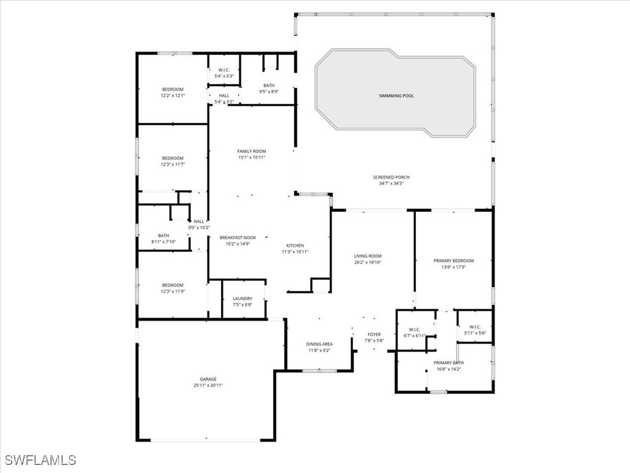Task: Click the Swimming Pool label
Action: [x=396, y=96]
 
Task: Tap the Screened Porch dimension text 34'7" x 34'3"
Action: [x=391, y=184]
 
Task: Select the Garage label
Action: [x=207, y=379]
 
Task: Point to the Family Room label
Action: [x=251, y=152]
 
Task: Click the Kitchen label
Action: [x=295, y=246]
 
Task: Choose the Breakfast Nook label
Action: [x=238, y=238]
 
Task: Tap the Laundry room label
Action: [x=242, y=299]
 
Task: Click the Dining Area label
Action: [x=319, y=344]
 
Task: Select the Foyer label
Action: [x=374, y=334]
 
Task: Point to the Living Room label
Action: [x=367, y=256]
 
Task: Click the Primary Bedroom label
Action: [x=454, y=261]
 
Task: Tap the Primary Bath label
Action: [x=449, y=363]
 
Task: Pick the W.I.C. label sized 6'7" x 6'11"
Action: [x=413, y=329]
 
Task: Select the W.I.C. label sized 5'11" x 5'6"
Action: [x=474, y=327]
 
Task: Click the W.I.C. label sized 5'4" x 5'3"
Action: [x=224, y=70]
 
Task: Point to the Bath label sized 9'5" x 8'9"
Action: [x=269, y=86]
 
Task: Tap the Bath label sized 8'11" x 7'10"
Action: [x=163, y=235]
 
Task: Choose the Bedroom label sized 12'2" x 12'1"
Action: [x=172, y=90]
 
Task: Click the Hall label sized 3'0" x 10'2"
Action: [x=199, y=222]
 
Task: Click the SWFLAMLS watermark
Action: [x=41, y=460]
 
